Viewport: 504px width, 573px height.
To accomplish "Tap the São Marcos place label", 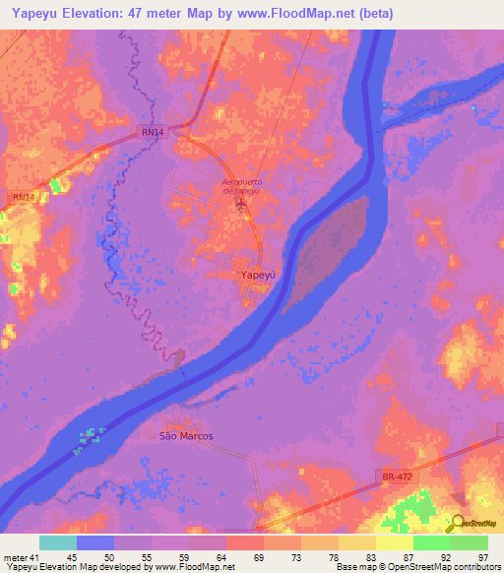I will (186, 434).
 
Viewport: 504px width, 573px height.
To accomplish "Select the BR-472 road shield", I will (394, 477).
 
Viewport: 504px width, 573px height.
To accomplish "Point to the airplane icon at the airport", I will (242, 204).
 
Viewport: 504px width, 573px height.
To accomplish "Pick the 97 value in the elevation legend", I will (481, 557).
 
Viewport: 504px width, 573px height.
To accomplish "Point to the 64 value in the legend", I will (222, 557).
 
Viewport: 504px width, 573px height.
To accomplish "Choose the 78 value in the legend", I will (334, 557).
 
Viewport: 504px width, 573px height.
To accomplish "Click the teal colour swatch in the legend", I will (58, 542).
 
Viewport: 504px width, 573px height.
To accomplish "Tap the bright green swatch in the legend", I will (432, 542).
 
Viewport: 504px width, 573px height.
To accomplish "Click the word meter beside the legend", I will (17, 557).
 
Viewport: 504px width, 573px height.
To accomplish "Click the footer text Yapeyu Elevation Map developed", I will (79, 568).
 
